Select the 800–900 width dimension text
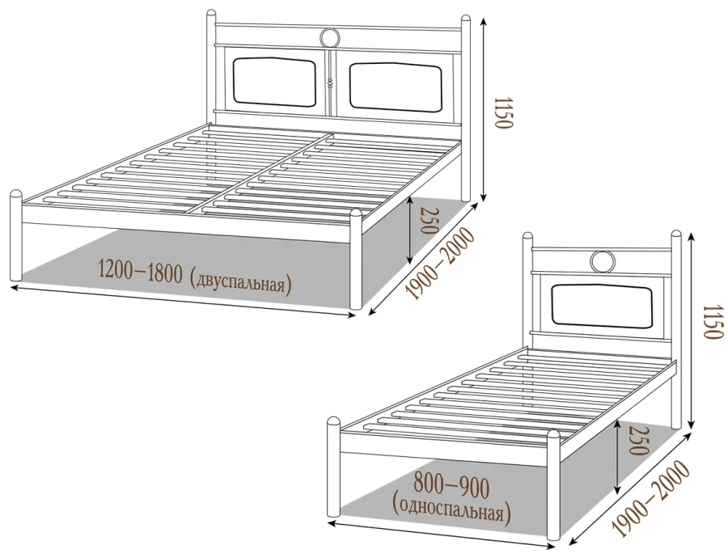click(x=451, y=487)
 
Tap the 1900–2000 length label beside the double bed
click(x=441, y=263)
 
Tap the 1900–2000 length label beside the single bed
click(x=651, y=499)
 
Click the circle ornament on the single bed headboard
click(x=603, y=261)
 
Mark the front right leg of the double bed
click(x=356, y=259)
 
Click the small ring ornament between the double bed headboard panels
click(x=330, y=83)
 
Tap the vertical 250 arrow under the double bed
click(x=409, y=229)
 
